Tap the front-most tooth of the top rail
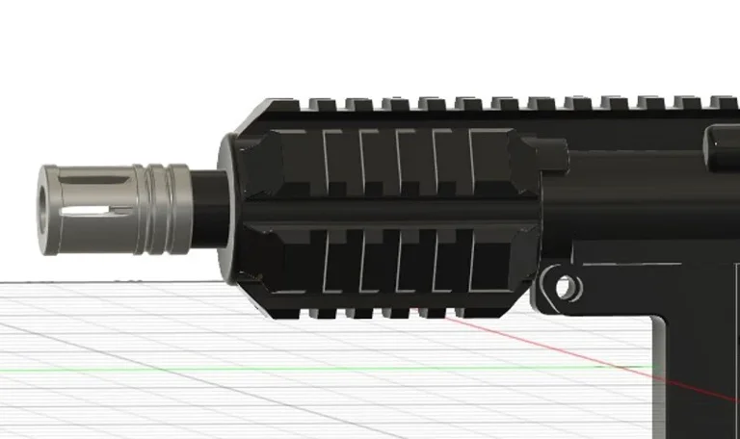(x=319, y=101)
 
